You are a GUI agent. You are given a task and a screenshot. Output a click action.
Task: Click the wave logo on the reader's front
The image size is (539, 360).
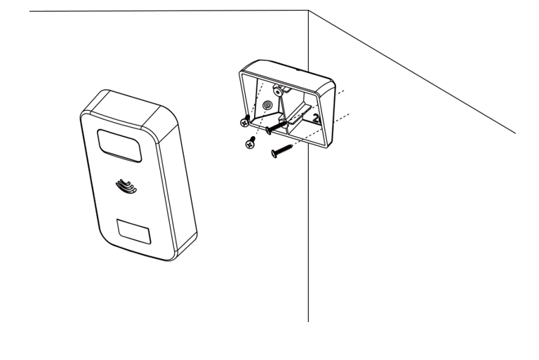click(x=126, y=186)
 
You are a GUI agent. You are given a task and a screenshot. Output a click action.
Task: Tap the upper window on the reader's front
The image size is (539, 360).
click(x=119, y=146)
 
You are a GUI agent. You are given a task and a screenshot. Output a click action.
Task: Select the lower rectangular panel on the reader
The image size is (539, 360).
click(x=134, y=232)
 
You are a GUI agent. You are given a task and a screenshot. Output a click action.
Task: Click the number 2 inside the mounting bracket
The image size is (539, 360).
click(x=316, y=119)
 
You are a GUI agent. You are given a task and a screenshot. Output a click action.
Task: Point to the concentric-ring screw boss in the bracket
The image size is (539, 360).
click(x=267, y=105)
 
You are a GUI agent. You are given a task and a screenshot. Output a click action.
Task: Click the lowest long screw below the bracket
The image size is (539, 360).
click(x=282, y=151)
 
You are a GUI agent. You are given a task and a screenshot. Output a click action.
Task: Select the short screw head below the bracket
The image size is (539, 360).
click(x=251, y=143)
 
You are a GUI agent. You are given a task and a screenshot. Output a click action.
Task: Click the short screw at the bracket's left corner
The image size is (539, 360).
click(x=245, y=121)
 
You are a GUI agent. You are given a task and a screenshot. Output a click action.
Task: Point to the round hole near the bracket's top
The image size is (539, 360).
click(x=277, y=91)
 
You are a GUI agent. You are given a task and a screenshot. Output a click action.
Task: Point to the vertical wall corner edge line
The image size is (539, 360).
click(x=308, y=166)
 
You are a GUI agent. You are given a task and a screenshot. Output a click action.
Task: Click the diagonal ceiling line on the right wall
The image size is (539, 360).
click(x=412, y=72)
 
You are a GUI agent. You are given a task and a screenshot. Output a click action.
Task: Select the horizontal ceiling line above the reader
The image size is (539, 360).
click(x=168, y=11)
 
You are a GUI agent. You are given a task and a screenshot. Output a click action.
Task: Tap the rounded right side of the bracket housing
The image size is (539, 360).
click(x=326, y=114)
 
